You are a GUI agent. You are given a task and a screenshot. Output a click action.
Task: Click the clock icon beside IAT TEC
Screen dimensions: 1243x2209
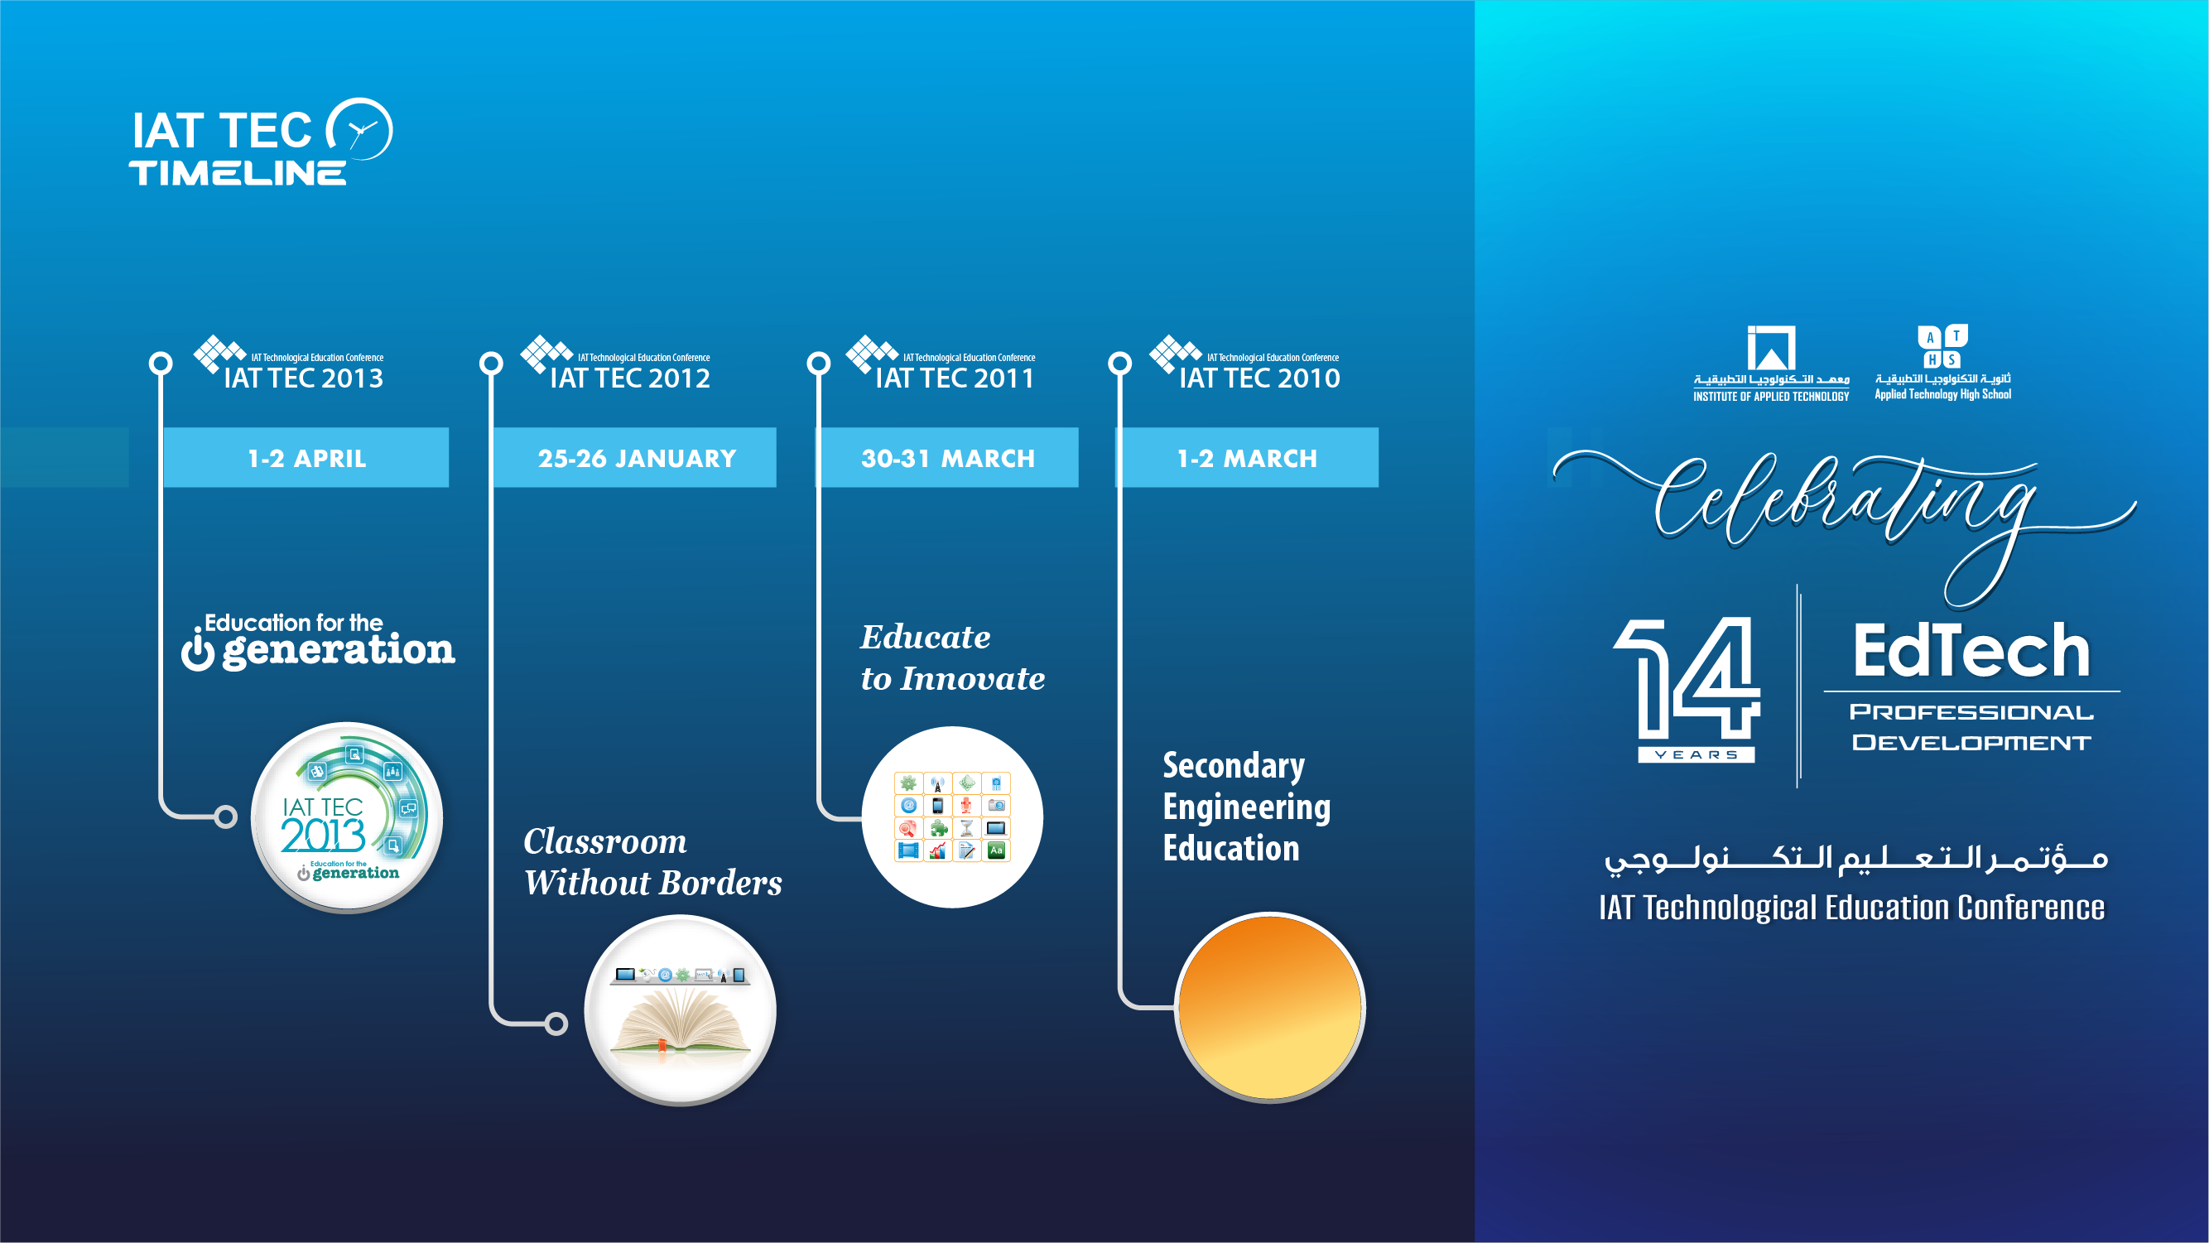tap(360, 128)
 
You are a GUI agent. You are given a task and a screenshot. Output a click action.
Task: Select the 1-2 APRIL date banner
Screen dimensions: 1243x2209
tap(306, 458)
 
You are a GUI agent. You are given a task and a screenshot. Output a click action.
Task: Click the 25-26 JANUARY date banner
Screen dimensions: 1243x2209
tap(635, 458)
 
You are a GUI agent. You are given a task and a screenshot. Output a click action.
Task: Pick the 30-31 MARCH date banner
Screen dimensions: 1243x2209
tap(946, 458)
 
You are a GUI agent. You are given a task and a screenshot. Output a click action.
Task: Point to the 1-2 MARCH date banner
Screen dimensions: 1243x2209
tap(1247, 458)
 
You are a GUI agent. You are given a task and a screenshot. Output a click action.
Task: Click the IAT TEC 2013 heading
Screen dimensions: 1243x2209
tap(303, 378)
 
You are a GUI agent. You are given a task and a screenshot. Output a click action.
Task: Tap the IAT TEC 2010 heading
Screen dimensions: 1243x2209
tap(1259, 378)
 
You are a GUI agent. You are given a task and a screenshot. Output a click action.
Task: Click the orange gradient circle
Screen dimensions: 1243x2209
tap(1270, 1007)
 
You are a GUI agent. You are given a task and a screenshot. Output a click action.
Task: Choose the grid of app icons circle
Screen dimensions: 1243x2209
tap(952, 817)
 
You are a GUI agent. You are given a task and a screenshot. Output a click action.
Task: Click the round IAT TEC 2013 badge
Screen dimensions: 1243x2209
tap(346, 817)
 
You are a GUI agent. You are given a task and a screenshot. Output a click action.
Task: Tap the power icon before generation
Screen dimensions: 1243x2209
tap(198, 651)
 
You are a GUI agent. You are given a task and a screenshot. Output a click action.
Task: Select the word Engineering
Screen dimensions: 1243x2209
tap(1246, 807)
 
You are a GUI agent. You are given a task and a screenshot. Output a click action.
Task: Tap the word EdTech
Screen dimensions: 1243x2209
tap(1971, 651)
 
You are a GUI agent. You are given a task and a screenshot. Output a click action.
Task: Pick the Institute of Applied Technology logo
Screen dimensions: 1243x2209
tap(1771, 364)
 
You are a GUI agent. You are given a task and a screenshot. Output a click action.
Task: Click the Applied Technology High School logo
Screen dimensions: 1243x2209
tap(1942, 363)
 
